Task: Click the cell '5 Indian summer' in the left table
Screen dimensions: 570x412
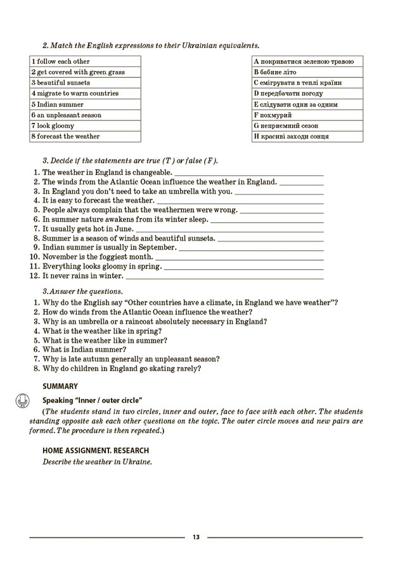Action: [x=85, y=104]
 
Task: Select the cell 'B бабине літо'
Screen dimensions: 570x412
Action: [x=307, y=72]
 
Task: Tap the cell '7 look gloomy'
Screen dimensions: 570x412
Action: [x=85, y=126]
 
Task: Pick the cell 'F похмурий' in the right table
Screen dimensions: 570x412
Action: [x=307, y=115]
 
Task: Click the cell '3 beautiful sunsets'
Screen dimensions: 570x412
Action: [x=85, y=83]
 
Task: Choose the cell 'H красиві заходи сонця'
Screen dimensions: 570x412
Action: [x=307, y=137]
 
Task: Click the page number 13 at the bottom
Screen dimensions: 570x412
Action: [x=196, y=538]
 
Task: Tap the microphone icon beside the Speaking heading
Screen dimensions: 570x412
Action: [x=23, y=400]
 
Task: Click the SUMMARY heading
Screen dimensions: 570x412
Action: [x=60, y=386]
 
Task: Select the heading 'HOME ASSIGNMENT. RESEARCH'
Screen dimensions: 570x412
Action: [x=96, y=450]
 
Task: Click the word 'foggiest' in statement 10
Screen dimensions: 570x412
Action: [x=108, y=257]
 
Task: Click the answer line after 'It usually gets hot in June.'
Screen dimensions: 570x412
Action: [x=229, y=229]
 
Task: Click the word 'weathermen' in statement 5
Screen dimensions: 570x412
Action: [x=174, y=210]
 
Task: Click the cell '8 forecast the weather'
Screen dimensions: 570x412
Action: [x=85, y=137]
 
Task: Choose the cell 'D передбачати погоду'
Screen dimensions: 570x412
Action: [x=307, y=94]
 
